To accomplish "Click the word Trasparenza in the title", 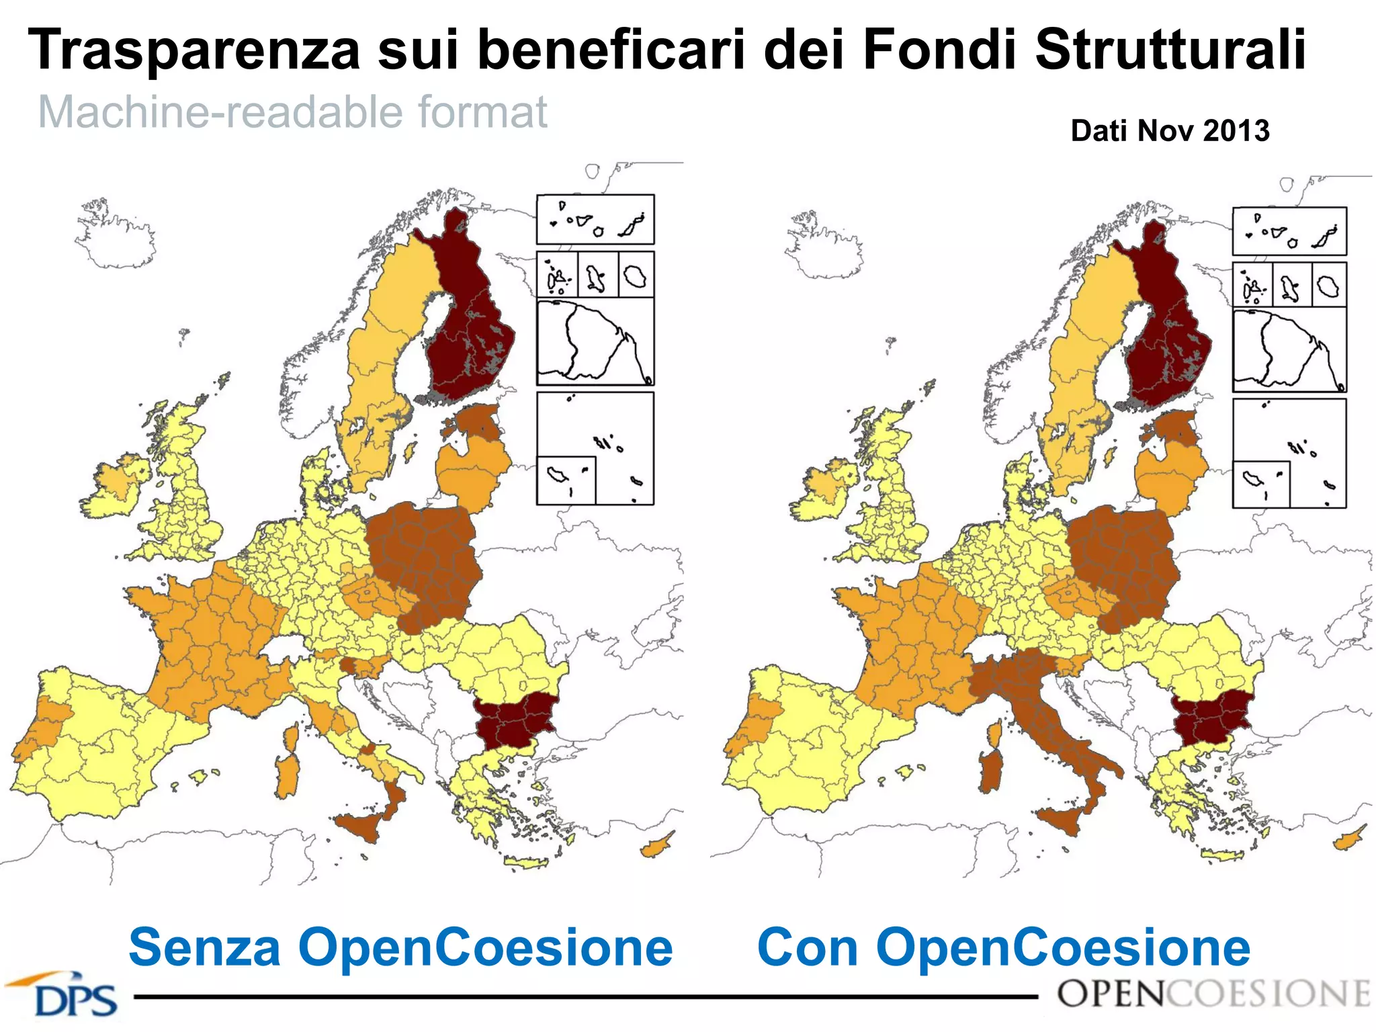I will pyautogui.click(x=195, y=50).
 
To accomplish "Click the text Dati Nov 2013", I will pyautogui.click(x=1170, y=130).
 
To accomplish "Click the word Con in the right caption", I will pyautogui.click(x=806, y=947).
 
